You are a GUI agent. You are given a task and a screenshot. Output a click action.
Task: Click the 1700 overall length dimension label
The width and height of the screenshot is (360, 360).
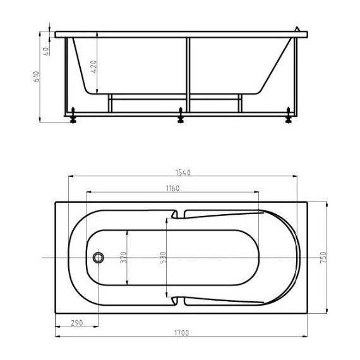pos(182,333)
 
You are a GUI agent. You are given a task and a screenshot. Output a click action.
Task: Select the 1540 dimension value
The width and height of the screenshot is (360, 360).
pos(183,172)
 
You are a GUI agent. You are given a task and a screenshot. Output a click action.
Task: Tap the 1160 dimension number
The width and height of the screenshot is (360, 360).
pos(172,188)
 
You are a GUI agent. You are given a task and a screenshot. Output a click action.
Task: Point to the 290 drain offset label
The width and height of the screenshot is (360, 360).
pos(76,323)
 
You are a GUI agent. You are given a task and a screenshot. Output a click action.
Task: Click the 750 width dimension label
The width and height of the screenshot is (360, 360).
pos(323,258)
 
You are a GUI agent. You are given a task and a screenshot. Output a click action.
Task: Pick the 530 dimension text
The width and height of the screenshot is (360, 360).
pos(162,258)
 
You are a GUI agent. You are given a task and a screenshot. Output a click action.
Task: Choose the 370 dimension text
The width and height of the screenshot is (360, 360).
pos(124,258)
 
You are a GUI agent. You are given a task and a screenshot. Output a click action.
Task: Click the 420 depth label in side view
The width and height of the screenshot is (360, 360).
pos(93,66)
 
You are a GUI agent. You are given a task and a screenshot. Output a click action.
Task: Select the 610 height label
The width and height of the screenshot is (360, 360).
pos(37,76)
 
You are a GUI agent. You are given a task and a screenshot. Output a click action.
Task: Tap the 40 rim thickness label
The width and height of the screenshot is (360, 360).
pos(46,51)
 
